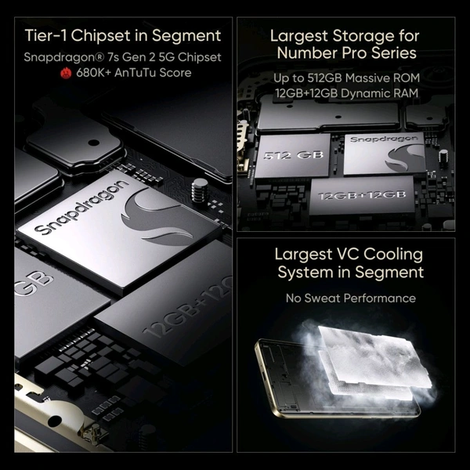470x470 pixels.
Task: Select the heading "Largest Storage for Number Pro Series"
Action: click(345, 45)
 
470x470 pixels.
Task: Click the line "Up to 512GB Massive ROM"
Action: click(345, 79)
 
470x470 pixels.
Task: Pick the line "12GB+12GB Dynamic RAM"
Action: click(345, 95)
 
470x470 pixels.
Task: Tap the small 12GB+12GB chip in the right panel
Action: click(360, 195)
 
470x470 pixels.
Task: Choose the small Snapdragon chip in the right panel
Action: click(384, 153)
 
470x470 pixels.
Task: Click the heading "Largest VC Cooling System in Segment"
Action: click(349, 263)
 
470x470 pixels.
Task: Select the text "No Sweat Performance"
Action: click(350, 298)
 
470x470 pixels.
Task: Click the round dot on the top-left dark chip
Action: click(93, 143)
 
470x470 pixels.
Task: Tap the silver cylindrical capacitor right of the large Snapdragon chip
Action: click(200, 189)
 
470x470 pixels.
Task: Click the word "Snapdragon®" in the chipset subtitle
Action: click(58, 57)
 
